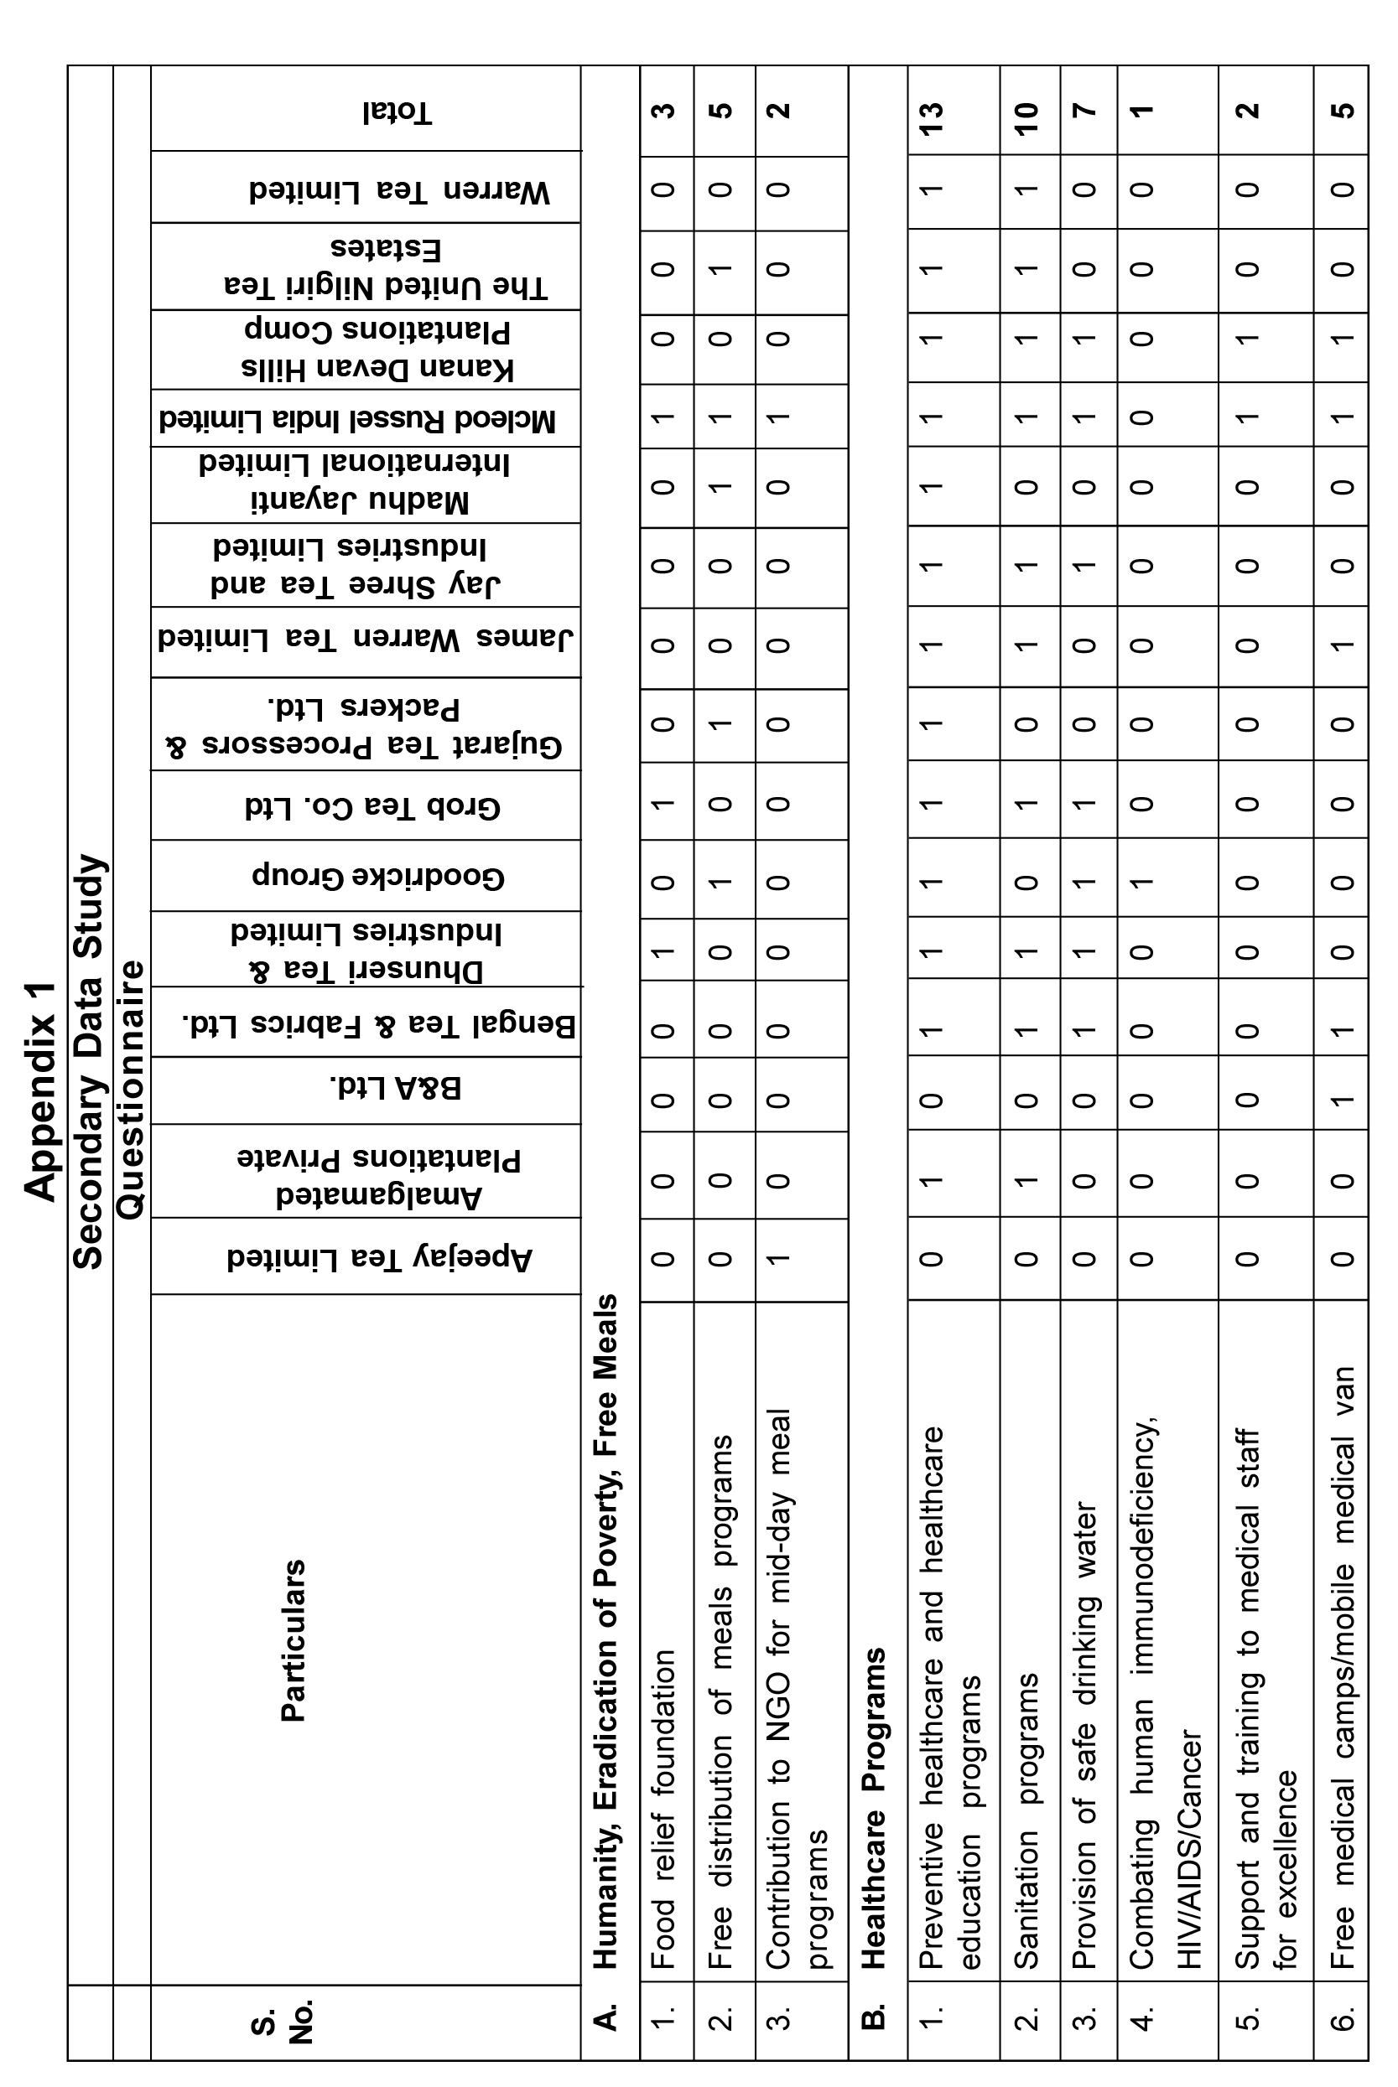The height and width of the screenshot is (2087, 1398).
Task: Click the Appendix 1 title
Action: click(x=40, y=1090)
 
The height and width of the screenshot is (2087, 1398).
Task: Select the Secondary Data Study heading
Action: click(x=89, y=1060)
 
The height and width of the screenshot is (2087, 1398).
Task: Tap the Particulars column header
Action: click(x=294, y=1639)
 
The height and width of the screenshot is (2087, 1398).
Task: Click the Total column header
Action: click(x=398, y=112)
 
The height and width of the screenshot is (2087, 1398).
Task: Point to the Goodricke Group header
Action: click(x=378, y=876)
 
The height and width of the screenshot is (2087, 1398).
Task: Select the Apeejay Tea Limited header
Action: click(x=379, y=1257)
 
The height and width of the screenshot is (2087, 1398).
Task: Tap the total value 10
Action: click(x=1027, y=111)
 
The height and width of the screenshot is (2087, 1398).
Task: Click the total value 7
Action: click(x=1085, y=111)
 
